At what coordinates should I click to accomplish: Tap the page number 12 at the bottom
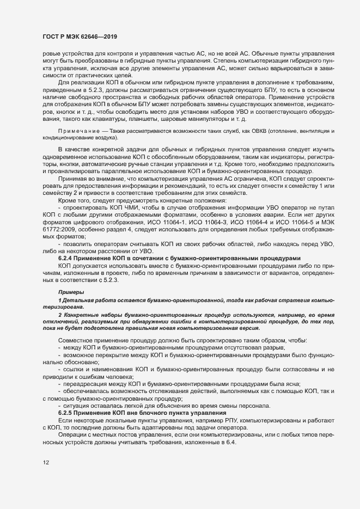46,463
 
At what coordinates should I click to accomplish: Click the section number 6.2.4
65,257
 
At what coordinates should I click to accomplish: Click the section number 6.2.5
65,412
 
